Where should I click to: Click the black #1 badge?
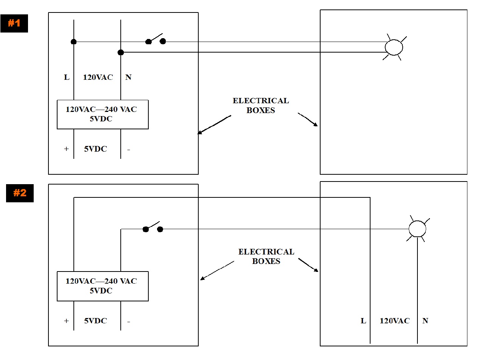[x=14, y=23]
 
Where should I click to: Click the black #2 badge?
[x=20, y=193]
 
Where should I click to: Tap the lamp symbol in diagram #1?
[x=393, y=47]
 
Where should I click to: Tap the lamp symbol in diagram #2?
[x=417, y=228]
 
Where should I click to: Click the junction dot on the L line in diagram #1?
[x=73, y=42]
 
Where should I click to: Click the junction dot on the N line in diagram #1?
[x=120, y=52]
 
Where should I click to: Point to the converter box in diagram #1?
[x=103, y=115]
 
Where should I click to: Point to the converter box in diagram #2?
[x=103, y=286]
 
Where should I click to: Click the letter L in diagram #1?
[x=67, y=77]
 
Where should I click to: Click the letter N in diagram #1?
[x=128, y=77]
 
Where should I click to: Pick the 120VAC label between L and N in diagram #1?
[x=98, y=77]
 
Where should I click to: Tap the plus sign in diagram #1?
[x=66, y=149]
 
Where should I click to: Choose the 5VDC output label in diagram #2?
[x=95, y=321]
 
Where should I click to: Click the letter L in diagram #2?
[x=363, y=321]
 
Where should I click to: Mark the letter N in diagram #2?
[x=425, y=321]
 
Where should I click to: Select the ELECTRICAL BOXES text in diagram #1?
[x=261, y=106]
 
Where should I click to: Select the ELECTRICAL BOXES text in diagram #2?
[x=266, y=256]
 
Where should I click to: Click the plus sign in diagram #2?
[x=66, y=321]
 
